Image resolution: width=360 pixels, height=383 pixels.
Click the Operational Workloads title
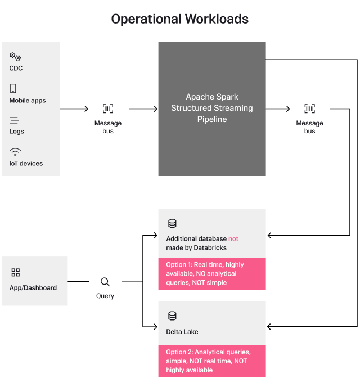click(x=179, y=19)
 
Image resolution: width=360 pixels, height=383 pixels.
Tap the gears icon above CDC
click(x=15, y=56)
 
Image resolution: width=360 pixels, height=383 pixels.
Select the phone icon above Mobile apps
click(x=13, y=88)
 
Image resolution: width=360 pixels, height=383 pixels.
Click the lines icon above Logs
click(x=14, y=120)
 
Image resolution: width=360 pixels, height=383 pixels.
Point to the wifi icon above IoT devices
click(x=15, y=152)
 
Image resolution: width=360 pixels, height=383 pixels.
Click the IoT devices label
click(x=26, y=164)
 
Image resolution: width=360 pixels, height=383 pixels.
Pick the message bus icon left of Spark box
click(x=107, y=109)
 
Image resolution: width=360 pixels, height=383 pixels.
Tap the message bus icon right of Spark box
click(x=309, y=109)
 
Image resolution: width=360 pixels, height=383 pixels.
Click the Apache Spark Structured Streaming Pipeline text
click(x=211, y=108)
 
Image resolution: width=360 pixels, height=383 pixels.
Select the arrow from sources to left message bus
click(x=73, y=109)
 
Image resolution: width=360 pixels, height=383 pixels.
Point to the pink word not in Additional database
click(x=233, y=239)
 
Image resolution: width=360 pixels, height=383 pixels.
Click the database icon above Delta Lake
click(x=172, y=316)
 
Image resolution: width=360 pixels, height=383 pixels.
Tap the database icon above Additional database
click(x=172, y=224)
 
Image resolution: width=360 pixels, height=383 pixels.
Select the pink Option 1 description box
click(x=211, y=274)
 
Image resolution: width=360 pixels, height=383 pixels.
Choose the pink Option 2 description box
click(x=211, y=361)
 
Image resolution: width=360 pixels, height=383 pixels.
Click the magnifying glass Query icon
click(x=105, y=282)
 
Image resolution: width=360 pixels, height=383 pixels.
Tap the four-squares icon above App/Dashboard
click(x=16, y=273)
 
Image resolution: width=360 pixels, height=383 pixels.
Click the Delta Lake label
click(x=182, y=332)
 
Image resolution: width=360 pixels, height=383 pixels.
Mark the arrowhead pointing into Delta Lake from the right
click(x=270, y=326)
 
